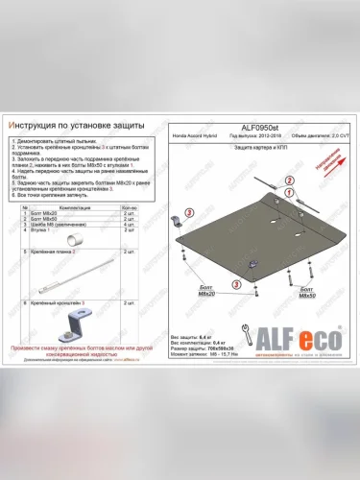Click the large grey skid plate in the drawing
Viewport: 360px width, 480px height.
[x=250, y=230]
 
